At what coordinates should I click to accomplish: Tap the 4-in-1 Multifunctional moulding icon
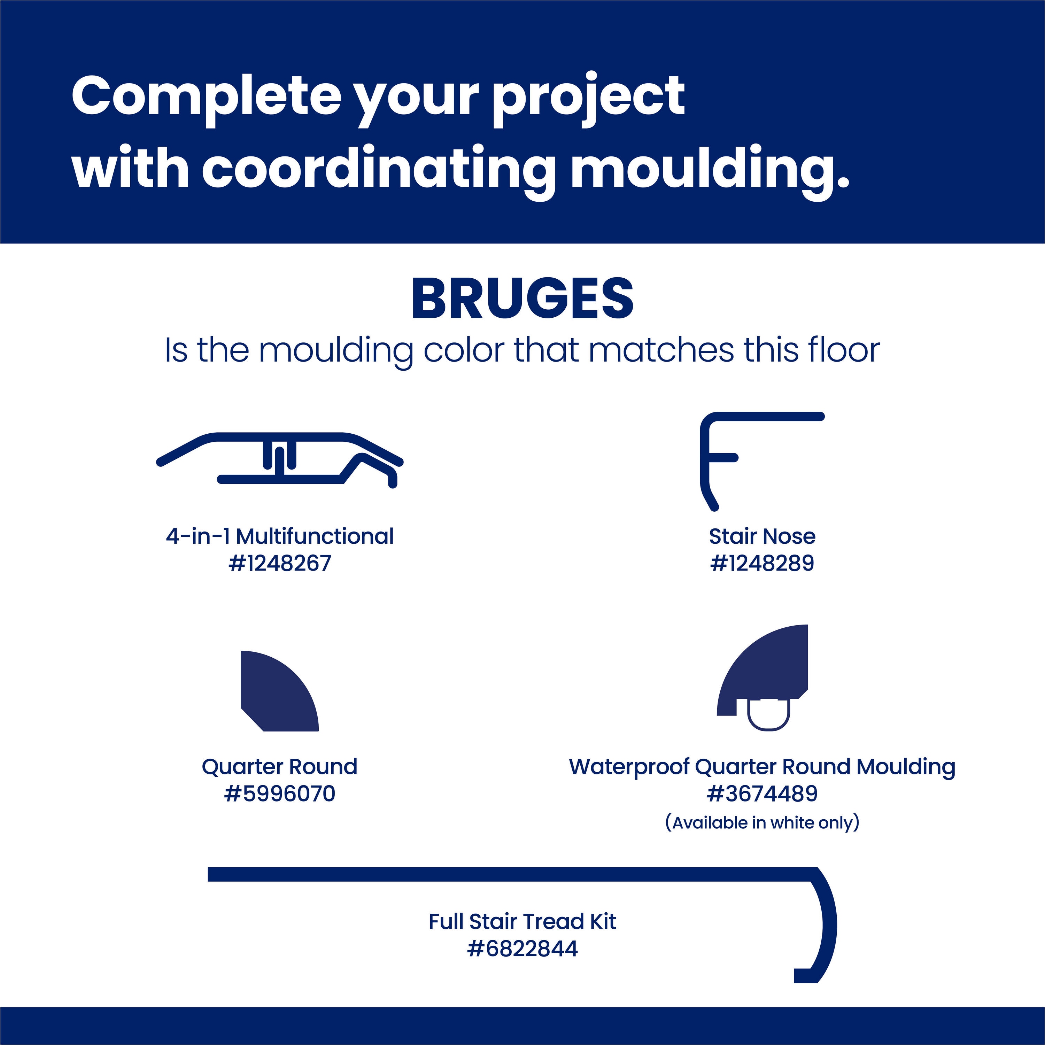point(280,460)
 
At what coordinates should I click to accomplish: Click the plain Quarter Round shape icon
point(280,691)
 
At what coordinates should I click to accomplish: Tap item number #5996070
point(280,794)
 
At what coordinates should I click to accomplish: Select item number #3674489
point(762,794)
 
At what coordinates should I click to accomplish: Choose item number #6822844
point(522,948)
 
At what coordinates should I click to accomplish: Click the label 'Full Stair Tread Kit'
point(522,921)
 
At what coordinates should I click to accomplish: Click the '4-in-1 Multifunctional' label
point(280,536)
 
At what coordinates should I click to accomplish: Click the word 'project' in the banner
point(588,99)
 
